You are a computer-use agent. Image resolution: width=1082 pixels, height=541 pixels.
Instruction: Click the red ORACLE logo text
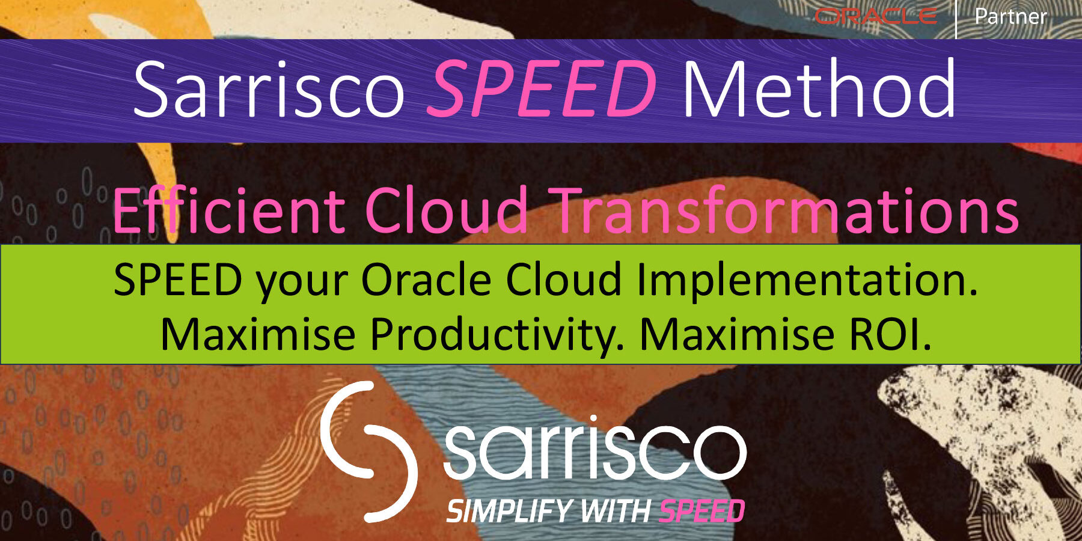point(875,16)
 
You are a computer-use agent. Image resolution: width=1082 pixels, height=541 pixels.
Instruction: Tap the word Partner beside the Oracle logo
point(1010,16)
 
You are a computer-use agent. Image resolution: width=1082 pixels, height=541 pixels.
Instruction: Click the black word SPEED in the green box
point(178,280)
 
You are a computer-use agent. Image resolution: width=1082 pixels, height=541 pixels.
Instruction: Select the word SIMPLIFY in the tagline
point(508,512)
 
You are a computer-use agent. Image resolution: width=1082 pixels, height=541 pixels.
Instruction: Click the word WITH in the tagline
point(615,512)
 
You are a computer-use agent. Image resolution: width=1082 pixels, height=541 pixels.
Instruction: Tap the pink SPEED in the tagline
point(701,512)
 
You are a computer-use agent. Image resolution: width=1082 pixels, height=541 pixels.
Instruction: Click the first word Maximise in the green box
point(258,334)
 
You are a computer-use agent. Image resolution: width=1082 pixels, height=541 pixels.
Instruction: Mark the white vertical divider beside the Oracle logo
point(956,19)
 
